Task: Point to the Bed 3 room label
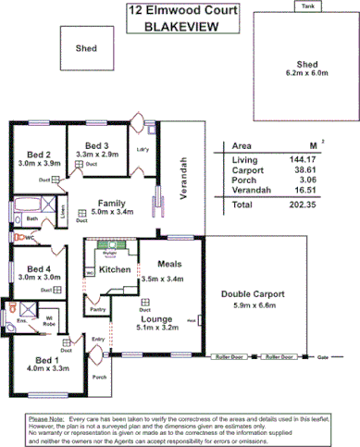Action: click(97, 145)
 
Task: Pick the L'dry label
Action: click(143, 149)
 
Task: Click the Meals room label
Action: click(168, 264)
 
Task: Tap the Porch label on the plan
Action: click(99, 378)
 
